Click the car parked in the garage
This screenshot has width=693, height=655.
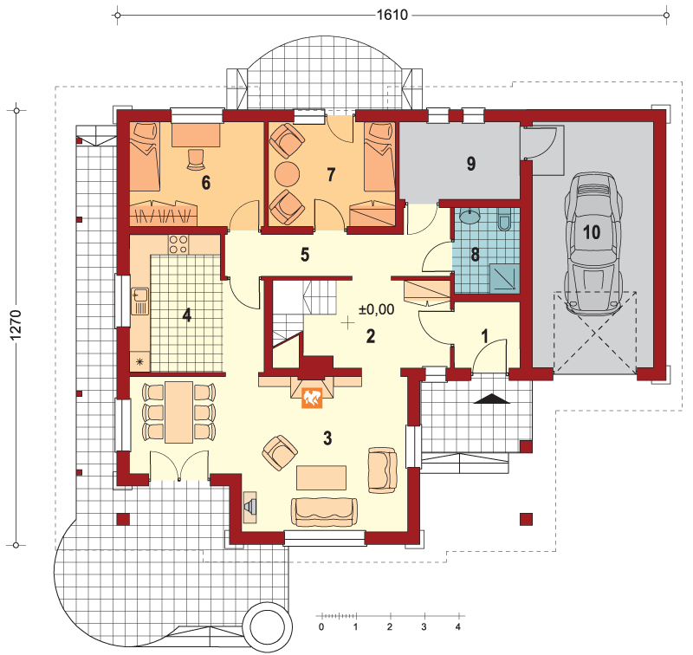(593, 244)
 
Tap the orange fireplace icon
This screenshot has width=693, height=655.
(312, 398)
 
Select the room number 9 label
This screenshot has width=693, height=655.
(471, 164)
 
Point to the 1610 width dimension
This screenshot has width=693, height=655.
(392, 15)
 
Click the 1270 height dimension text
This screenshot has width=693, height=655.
(16, 325)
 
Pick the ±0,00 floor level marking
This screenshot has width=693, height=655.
(376, 309)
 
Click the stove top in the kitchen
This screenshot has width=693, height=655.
(178, 244)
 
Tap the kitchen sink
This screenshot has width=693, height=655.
(139, 301)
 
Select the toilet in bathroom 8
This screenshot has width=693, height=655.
(504, 220)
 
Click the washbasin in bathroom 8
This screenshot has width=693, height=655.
(469, 216)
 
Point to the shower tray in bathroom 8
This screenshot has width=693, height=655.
(503, 278)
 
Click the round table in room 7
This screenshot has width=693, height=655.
(287, 174)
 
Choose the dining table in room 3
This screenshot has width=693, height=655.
(179, 412)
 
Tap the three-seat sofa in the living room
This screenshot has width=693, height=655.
(324, 512)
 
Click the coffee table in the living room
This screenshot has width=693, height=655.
(321, 477)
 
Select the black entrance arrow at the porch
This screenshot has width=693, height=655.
(492, 399)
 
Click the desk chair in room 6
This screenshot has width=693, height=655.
(196, 159)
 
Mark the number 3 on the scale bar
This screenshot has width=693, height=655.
(424, 626)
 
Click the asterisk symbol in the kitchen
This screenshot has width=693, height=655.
(139, 362)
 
